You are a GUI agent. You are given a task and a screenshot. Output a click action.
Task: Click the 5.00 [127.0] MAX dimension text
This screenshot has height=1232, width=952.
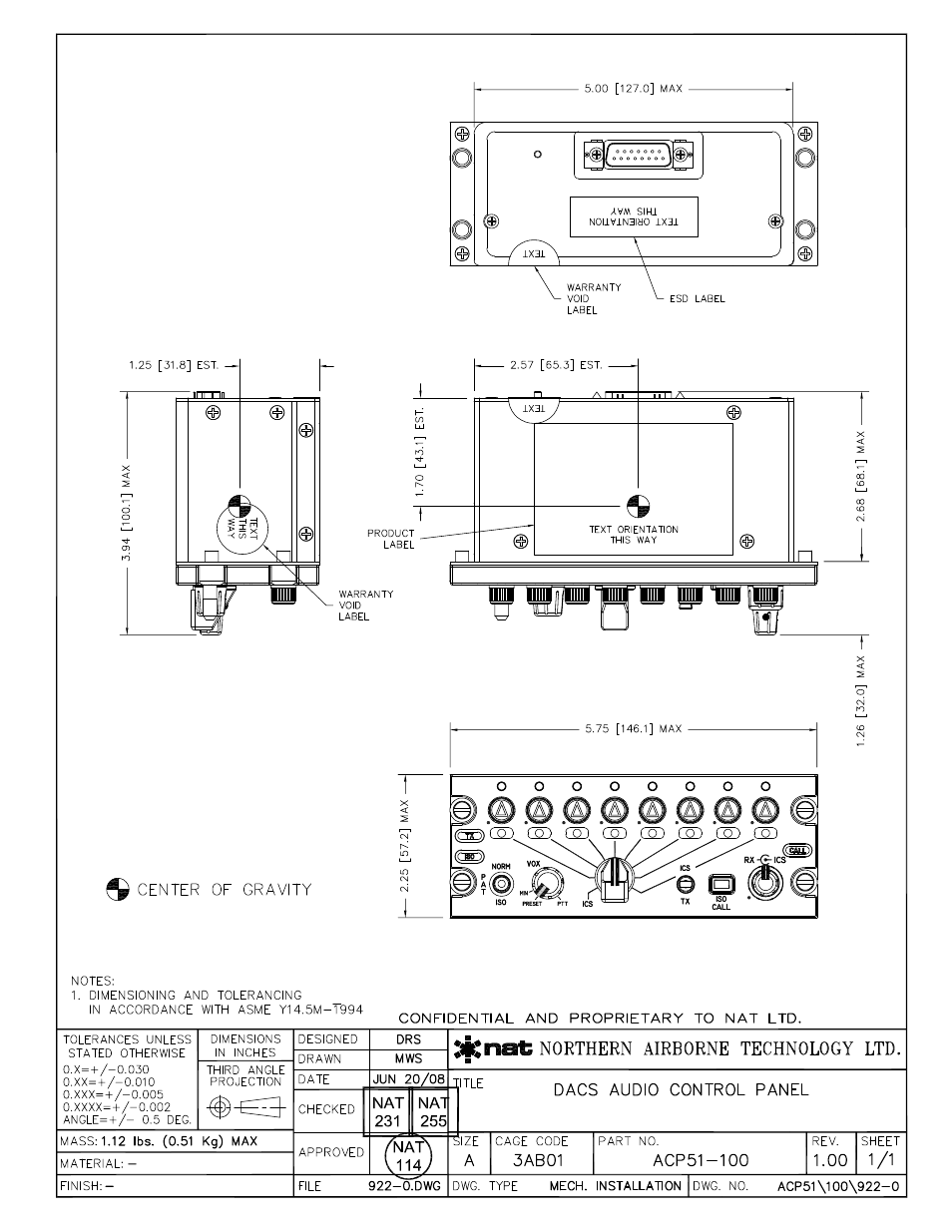(x=633, y=89)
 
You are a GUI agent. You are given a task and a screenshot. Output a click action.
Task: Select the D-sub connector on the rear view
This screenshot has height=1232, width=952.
(x=635, y=156)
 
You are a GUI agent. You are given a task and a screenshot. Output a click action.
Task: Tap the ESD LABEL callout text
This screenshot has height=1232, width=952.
(x=697, y=299)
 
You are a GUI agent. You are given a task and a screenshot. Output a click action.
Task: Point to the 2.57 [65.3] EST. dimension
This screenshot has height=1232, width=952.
(x=555, y=366)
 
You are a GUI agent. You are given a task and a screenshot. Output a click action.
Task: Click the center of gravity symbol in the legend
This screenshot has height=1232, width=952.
(x=118, y=889)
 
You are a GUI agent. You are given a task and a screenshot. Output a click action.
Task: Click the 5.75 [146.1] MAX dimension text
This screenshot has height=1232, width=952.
(x=633, y=729)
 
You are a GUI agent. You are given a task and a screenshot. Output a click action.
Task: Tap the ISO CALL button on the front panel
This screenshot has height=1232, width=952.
(x=720, y=885)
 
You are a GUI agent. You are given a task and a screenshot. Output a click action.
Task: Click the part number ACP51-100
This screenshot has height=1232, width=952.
(x=701, y=1160)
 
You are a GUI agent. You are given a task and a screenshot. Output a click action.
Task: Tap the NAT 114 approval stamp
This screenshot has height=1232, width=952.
(x=408, y=1156)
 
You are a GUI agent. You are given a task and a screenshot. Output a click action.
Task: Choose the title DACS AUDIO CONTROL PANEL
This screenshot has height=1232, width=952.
(x=681, y=1089)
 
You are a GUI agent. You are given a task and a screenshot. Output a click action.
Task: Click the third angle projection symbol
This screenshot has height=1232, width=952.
(x=245, y=1106)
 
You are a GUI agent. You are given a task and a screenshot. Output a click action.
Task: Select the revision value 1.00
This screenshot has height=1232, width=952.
(x=830, y=1160)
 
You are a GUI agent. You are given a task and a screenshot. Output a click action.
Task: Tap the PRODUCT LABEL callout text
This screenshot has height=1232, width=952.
(x=390, y=539)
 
